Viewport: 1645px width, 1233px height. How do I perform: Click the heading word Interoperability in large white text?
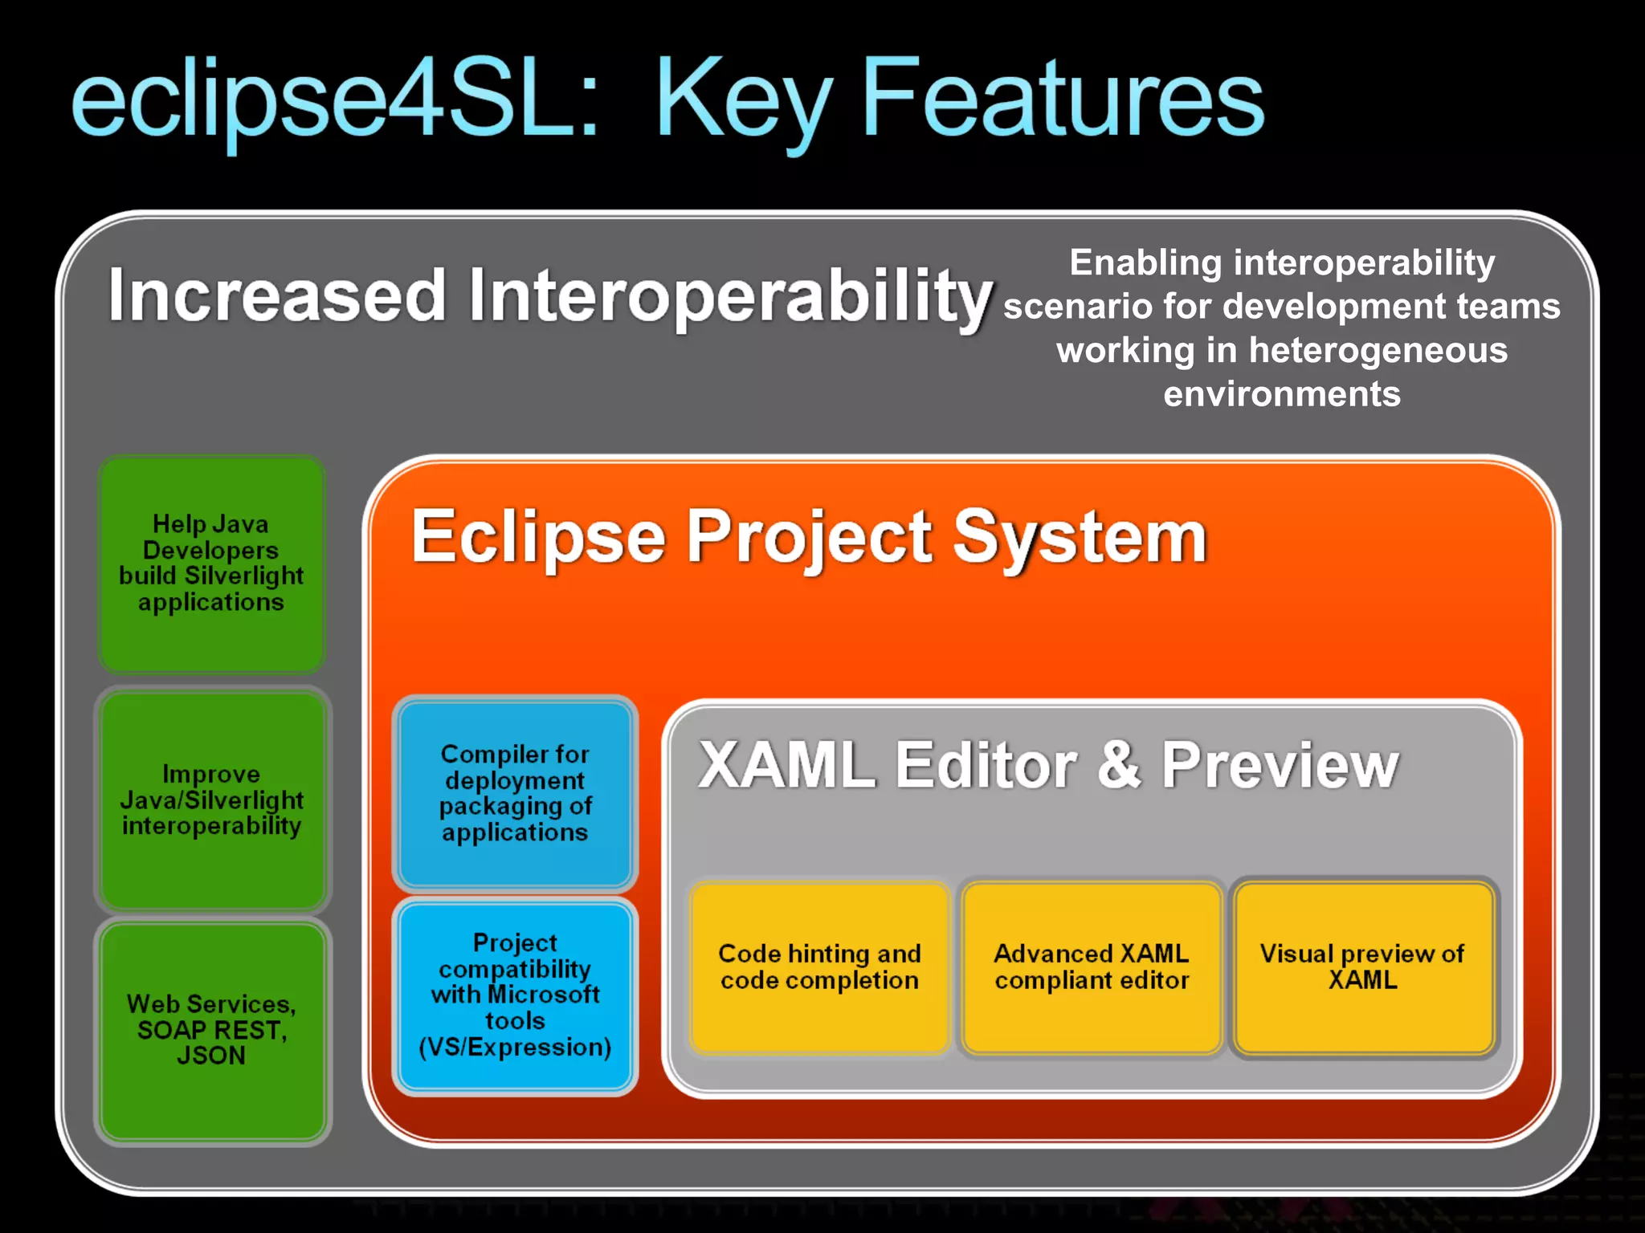pos(731,297)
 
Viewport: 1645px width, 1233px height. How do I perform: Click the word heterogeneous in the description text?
pos(1378,351)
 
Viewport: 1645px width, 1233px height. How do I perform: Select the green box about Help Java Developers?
pos(211,564)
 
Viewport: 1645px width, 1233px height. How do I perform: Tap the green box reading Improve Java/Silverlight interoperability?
pos(211,800)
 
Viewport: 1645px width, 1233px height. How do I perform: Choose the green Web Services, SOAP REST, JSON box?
pos(211,1030)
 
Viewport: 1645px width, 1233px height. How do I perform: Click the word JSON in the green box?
pos(211,1056)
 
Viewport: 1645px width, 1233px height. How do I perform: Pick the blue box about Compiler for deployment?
pos(515,793)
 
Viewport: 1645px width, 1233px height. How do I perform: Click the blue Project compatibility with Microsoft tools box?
pos(515,995)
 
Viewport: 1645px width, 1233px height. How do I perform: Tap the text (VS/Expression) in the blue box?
pos(515,1047)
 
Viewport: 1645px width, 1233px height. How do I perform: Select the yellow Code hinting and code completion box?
pos(819,967)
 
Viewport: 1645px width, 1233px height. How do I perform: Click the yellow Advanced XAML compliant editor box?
pos(1092,967)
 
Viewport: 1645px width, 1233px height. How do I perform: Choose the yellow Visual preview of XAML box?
pos(1362,967)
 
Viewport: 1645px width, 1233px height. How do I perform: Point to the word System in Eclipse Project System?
pos(1080,538)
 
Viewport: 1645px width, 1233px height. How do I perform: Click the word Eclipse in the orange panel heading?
pos(538,538)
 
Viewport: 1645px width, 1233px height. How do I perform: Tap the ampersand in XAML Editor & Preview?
pos(1119,764)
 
